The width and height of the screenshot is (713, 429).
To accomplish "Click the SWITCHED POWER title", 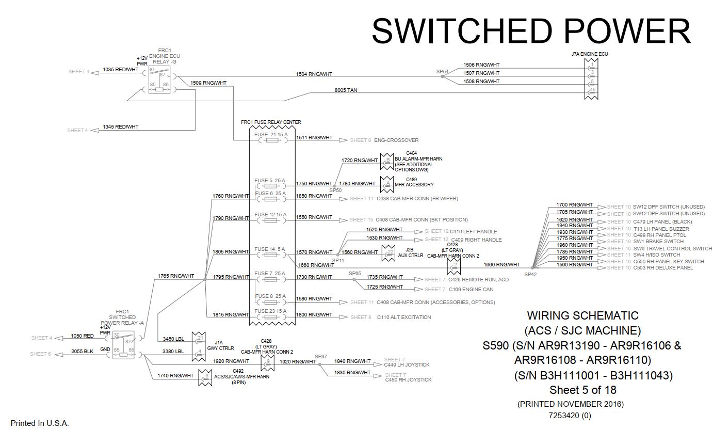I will point(531,31).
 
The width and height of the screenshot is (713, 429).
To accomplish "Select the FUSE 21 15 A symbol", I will point(272,139).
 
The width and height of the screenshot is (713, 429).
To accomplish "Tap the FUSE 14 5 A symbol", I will point(272,255).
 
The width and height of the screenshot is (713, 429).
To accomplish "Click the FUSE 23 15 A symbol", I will point(272,317).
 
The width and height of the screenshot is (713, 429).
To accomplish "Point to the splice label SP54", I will point(442,72).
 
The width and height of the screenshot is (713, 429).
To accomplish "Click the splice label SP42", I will point(530,274).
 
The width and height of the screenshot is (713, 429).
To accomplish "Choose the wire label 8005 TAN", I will point(346,90).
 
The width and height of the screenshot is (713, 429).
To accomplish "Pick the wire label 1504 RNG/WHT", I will point(314,74).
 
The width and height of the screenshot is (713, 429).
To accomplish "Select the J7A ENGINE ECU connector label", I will point(586,54).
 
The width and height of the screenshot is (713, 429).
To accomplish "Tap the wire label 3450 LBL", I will point(173,339).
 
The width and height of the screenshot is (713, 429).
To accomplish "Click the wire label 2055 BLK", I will point(83,351).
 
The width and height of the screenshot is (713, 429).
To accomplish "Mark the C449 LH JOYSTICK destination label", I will point(407,365).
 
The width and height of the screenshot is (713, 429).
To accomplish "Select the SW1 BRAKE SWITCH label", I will point(658,242).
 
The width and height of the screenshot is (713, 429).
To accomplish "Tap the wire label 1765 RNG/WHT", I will point(176,276).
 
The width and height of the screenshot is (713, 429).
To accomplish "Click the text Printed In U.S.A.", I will point(40,423).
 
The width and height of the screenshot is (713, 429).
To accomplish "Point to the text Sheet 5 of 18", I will point(582,390).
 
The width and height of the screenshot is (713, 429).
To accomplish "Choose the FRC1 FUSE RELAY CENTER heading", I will point(271,122).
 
